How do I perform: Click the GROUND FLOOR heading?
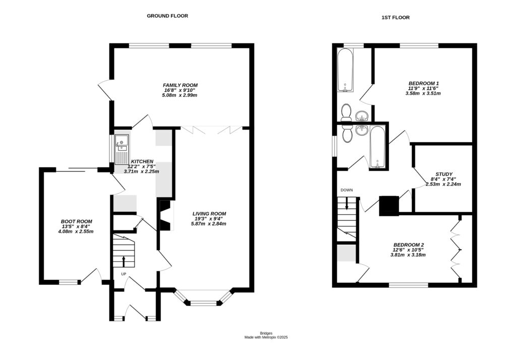click(167, 16)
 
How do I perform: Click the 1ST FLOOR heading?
click(395, 18)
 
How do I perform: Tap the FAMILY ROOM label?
click(180, 85)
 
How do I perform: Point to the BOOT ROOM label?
click(77, 221)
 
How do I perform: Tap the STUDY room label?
click(444, 173)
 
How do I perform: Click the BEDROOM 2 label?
click(408, 245)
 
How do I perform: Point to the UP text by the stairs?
click(123, 274)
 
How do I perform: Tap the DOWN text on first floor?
click(347, 190)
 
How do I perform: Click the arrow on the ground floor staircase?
click(123, 261)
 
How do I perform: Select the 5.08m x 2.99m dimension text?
click(180, 95)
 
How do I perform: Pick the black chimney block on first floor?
click(389, 205)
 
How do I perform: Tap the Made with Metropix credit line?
click(266, 337)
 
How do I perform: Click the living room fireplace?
click(165, 214)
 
